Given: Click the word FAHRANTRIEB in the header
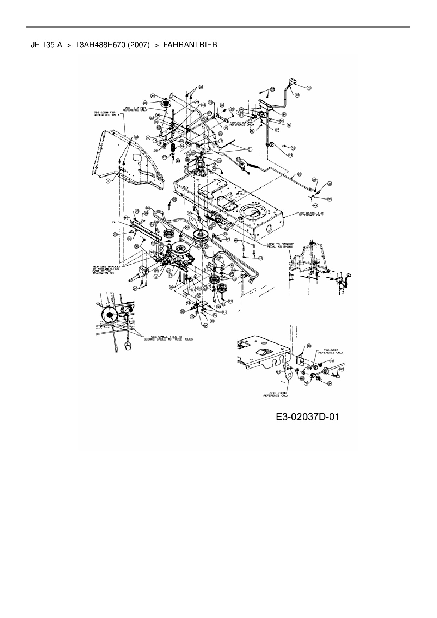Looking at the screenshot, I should (190, 45).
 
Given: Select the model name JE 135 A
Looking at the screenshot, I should (47, 45).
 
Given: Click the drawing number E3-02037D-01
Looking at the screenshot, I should (307, 417).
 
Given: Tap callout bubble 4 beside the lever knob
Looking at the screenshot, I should (309, 88).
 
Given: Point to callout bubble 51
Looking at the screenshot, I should (251, 149).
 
